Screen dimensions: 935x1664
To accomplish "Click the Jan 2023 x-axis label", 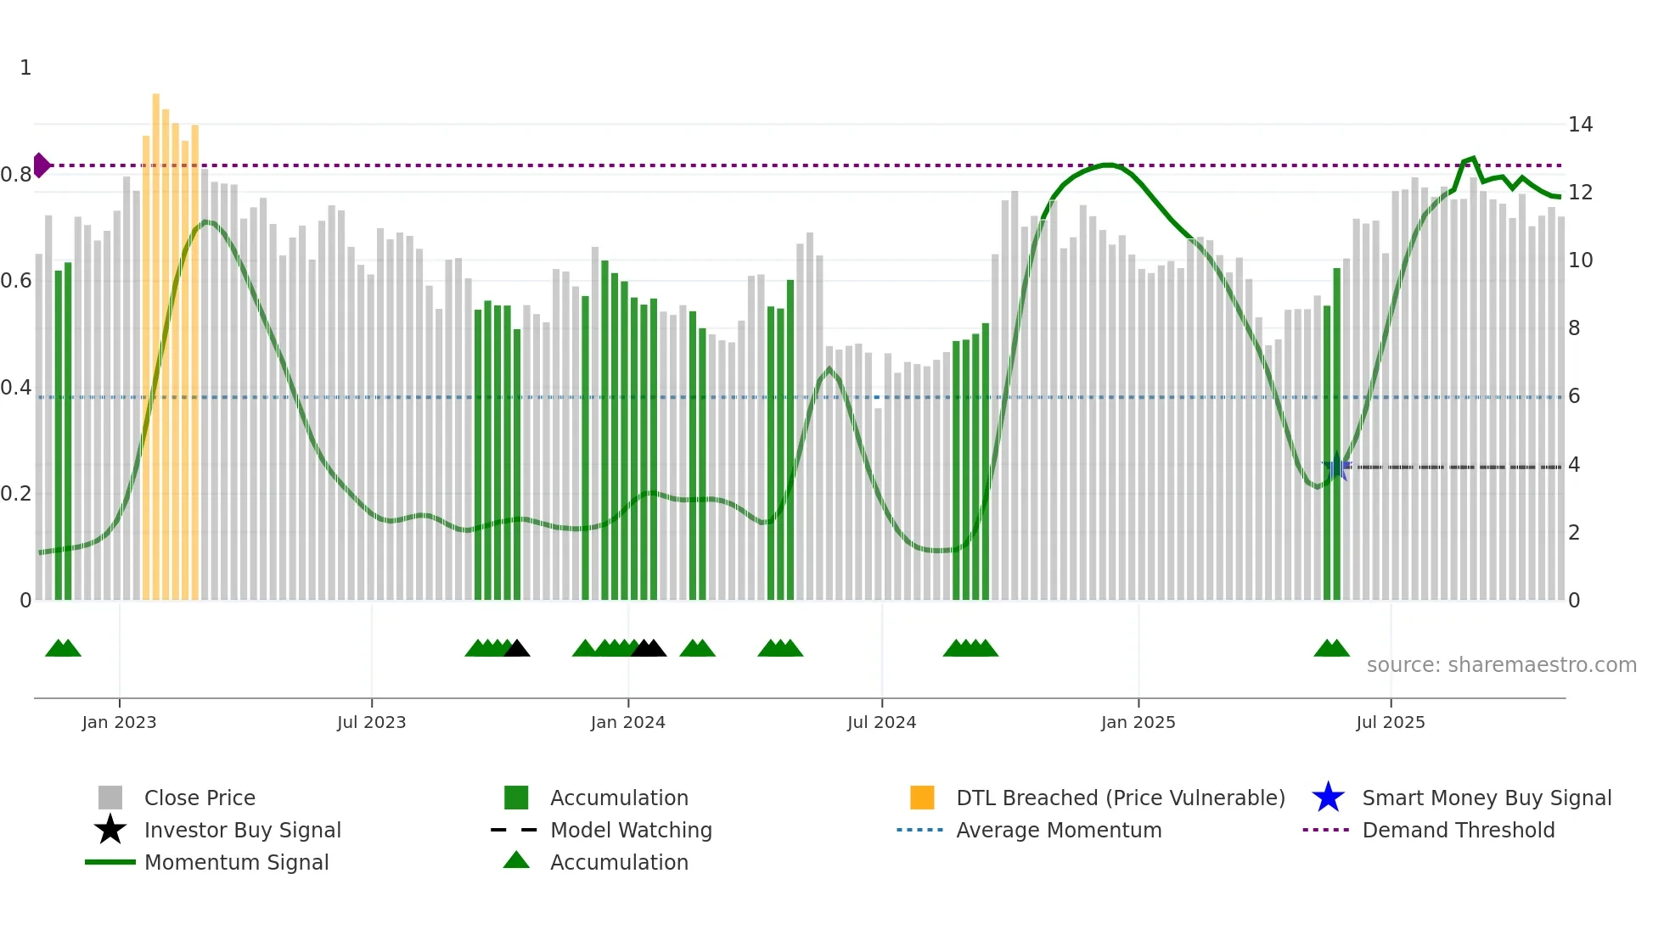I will [x=119, y=722].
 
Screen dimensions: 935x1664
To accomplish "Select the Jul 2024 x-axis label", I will [x=881, y=722].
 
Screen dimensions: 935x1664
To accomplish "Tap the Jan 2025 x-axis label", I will [x=1138, y=722].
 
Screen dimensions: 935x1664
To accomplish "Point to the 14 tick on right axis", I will [x=1580, y=125].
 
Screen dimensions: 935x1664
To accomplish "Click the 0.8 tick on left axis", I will [x=16, y=175].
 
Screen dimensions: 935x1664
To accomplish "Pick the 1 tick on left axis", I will [x=25, y=68].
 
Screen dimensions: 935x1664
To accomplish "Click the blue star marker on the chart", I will [x=1336, y=466].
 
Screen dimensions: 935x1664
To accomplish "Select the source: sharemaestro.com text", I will [x=1501, y=664].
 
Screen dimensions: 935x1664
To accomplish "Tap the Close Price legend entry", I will [x=199, y=798].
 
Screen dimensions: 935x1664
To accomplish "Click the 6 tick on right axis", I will [x=1574, y=396].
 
